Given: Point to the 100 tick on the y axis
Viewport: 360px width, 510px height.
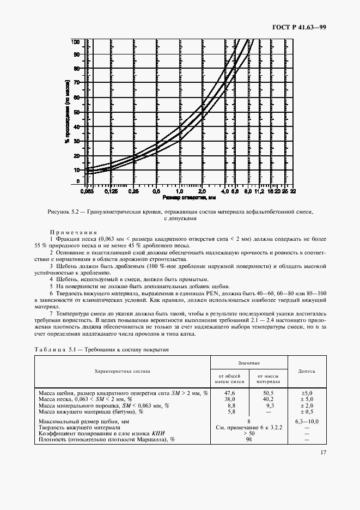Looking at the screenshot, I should click(76, 42).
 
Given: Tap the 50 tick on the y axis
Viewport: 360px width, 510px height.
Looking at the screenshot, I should click(77, 112).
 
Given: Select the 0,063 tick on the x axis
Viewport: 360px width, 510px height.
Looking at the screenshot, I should click(87, 192).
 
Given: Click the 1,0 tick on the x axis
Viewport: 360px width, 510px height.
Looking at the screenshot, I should click(179, 192).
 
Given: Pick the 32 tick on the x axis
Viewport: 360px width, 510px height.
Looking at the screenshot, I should click(293, 192).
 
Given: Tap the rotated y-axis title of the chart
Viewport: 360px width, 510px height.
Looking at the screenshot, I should click(66, 112).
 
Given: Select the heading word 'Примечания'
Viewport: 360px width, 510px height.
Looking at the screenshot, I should click(74, 232).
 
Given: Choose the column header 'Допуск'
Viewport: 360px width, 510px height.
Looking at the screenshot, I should click(306, 371).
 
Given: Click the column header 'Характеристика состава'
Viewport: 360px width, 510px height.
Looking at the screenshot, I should click(123, 371).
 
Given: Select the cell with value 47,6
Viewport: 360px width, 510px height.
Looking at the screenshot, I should click(229, 392).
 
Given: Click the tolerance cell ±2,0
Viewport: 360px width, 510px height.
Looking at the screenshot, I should click(306, 405).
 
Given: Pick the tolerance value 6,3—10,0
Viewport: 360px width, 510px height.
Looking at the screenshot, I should click(306, 421).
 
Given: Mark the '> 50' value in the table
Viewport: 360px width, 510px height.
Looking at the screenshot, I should click(248, 433).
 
